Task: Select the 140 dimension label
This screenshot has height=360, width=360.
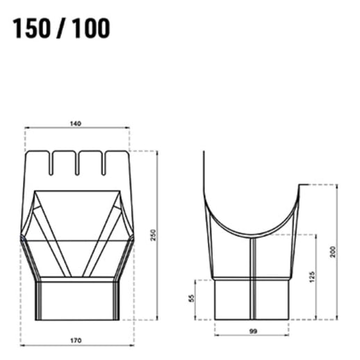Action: tap(76, 123)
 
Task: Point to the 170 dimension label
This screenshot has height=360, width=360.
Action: tap(76, 341)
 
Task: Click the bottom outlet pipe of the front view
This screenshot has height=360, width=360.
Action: tap(76, 299)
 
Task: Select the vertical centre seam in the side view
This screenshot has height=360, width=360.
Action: tap(253, 278)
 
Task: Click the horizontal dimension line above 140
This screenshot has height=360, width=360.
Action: tap(76, 129)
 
